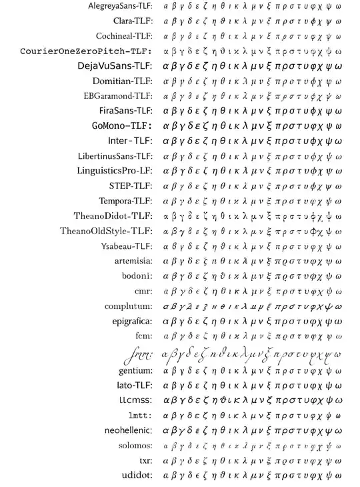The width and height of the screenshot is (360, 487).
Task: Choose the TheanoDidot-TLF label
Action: point(113,216)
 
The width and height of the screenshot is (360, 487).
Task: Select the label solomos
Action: point(135,445)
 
